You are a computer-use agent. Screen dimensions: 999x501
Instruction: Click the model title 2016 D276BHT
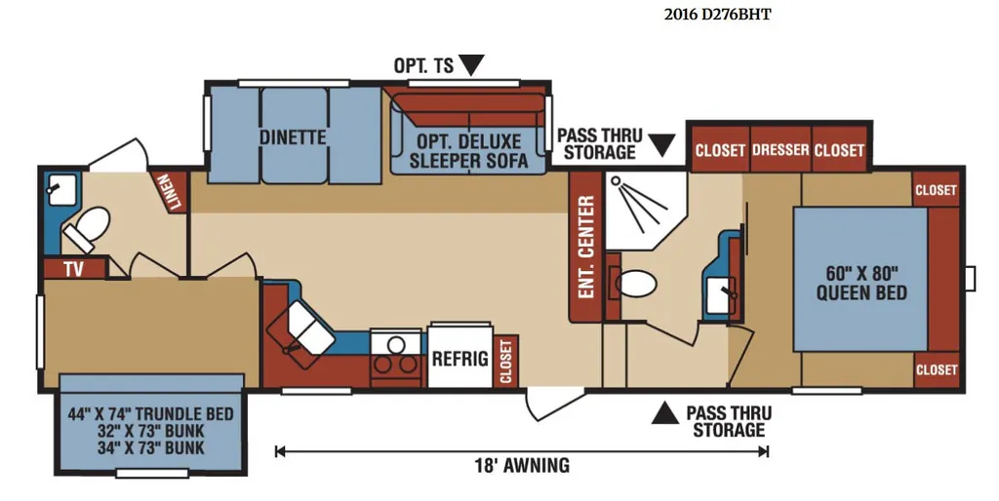tap(717, 15)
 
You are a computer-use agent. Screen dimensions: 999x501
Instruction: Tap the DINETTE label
tap(293, 137)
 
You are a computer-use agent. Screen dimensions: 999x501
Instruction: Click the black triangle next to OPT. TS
tap(472, 65)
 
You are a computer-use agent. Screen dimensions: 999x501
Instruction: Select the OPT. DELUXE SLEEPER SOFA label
tap(468, 150)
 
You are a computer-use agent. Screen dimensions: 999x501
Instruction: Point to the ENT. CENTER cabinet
tap(585, 246)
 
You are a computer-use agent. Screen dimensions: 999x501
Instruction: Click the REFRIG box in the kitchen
tap(460, 357)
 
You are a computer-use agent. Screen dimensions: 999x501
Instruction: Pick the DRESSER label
tap(780, 150)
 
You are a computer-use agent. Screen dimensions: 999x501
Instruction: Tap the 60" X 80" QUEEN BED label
tap(861, 284)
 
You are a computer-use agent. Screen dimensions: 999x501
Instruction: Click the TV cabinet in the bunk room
tap(74, 269)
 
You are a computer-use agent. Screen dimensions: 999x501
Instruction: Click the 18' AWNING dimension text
tap(522, 465)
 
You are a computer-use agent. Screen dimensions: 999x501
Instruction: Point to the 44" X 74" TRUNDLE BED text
tap(151, 414)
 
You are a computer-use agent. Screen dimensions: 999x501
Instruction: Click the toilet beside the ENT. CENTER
tap(633, 283)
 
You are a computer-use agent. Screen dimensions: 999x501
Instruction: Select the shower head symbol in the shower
tap(616, 180)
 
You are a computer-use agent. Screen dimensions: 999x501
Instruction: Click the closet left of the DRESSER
tap(720, 150)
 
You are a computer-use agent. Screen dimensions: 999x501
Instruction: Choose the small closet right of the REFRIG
tap(506, 361)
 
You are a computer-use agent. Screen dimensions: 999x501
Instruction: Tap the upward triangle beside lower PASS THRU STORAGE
tap(664, 414)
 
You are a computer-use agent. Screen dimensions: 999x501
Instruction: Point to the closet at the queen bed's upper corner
tap(936, 189)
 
